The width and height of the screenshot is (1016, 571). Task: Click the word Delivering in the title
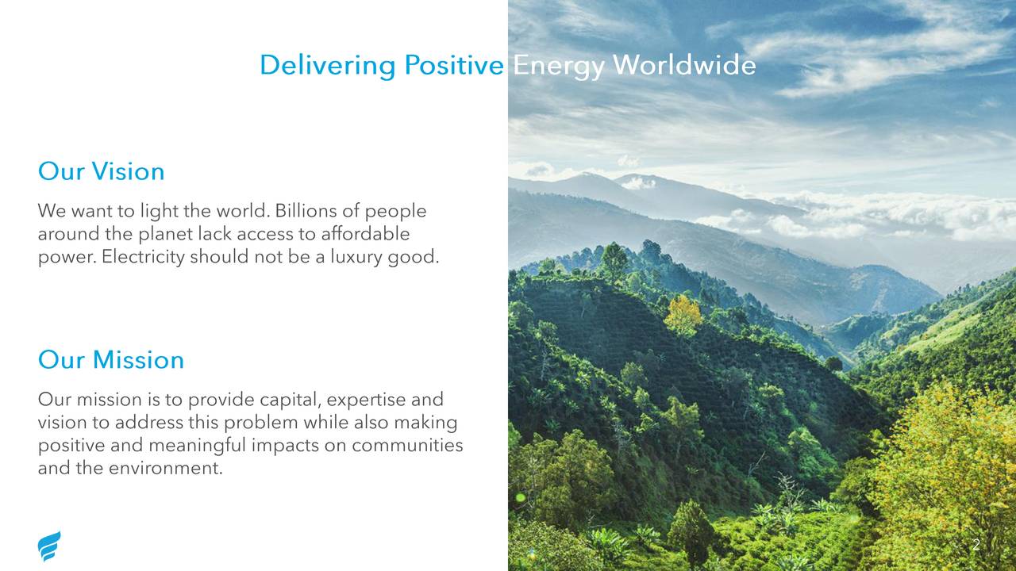click(x=328, y=65)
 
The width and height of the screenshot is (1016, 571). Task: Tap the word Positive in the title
click(x=454, y=64)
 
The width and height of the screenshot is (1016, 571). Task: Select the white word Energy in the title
click(x=558, y=66)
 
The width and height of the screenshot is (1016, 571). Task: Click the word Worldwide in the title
click(x=684, y=64)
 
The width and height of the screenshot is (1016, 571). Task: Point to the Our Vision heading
click(x=101, y=171)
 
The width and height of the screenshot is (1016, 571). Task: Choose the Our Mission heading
click(x=111, y=360)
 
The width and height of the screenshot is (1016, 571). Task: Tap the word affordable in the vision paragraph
click(x=365, y=233)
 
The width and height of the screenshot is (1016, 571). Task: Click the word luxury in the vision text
click(x=356, y=258)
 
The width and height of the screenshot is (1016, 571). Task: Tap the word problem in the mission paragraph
click(x=261, y=423)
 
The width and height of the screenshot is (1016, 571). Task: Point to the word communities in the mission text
click(x=407, y=445)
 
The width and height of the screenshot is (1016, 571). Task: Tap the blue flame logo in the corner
click(x=49, y=546)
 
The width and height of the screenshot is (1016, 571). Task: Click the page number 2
click(x=976, y=545)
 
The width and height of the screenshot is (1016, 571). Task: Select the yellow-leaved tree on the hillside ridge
click(x=683, y=315)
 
